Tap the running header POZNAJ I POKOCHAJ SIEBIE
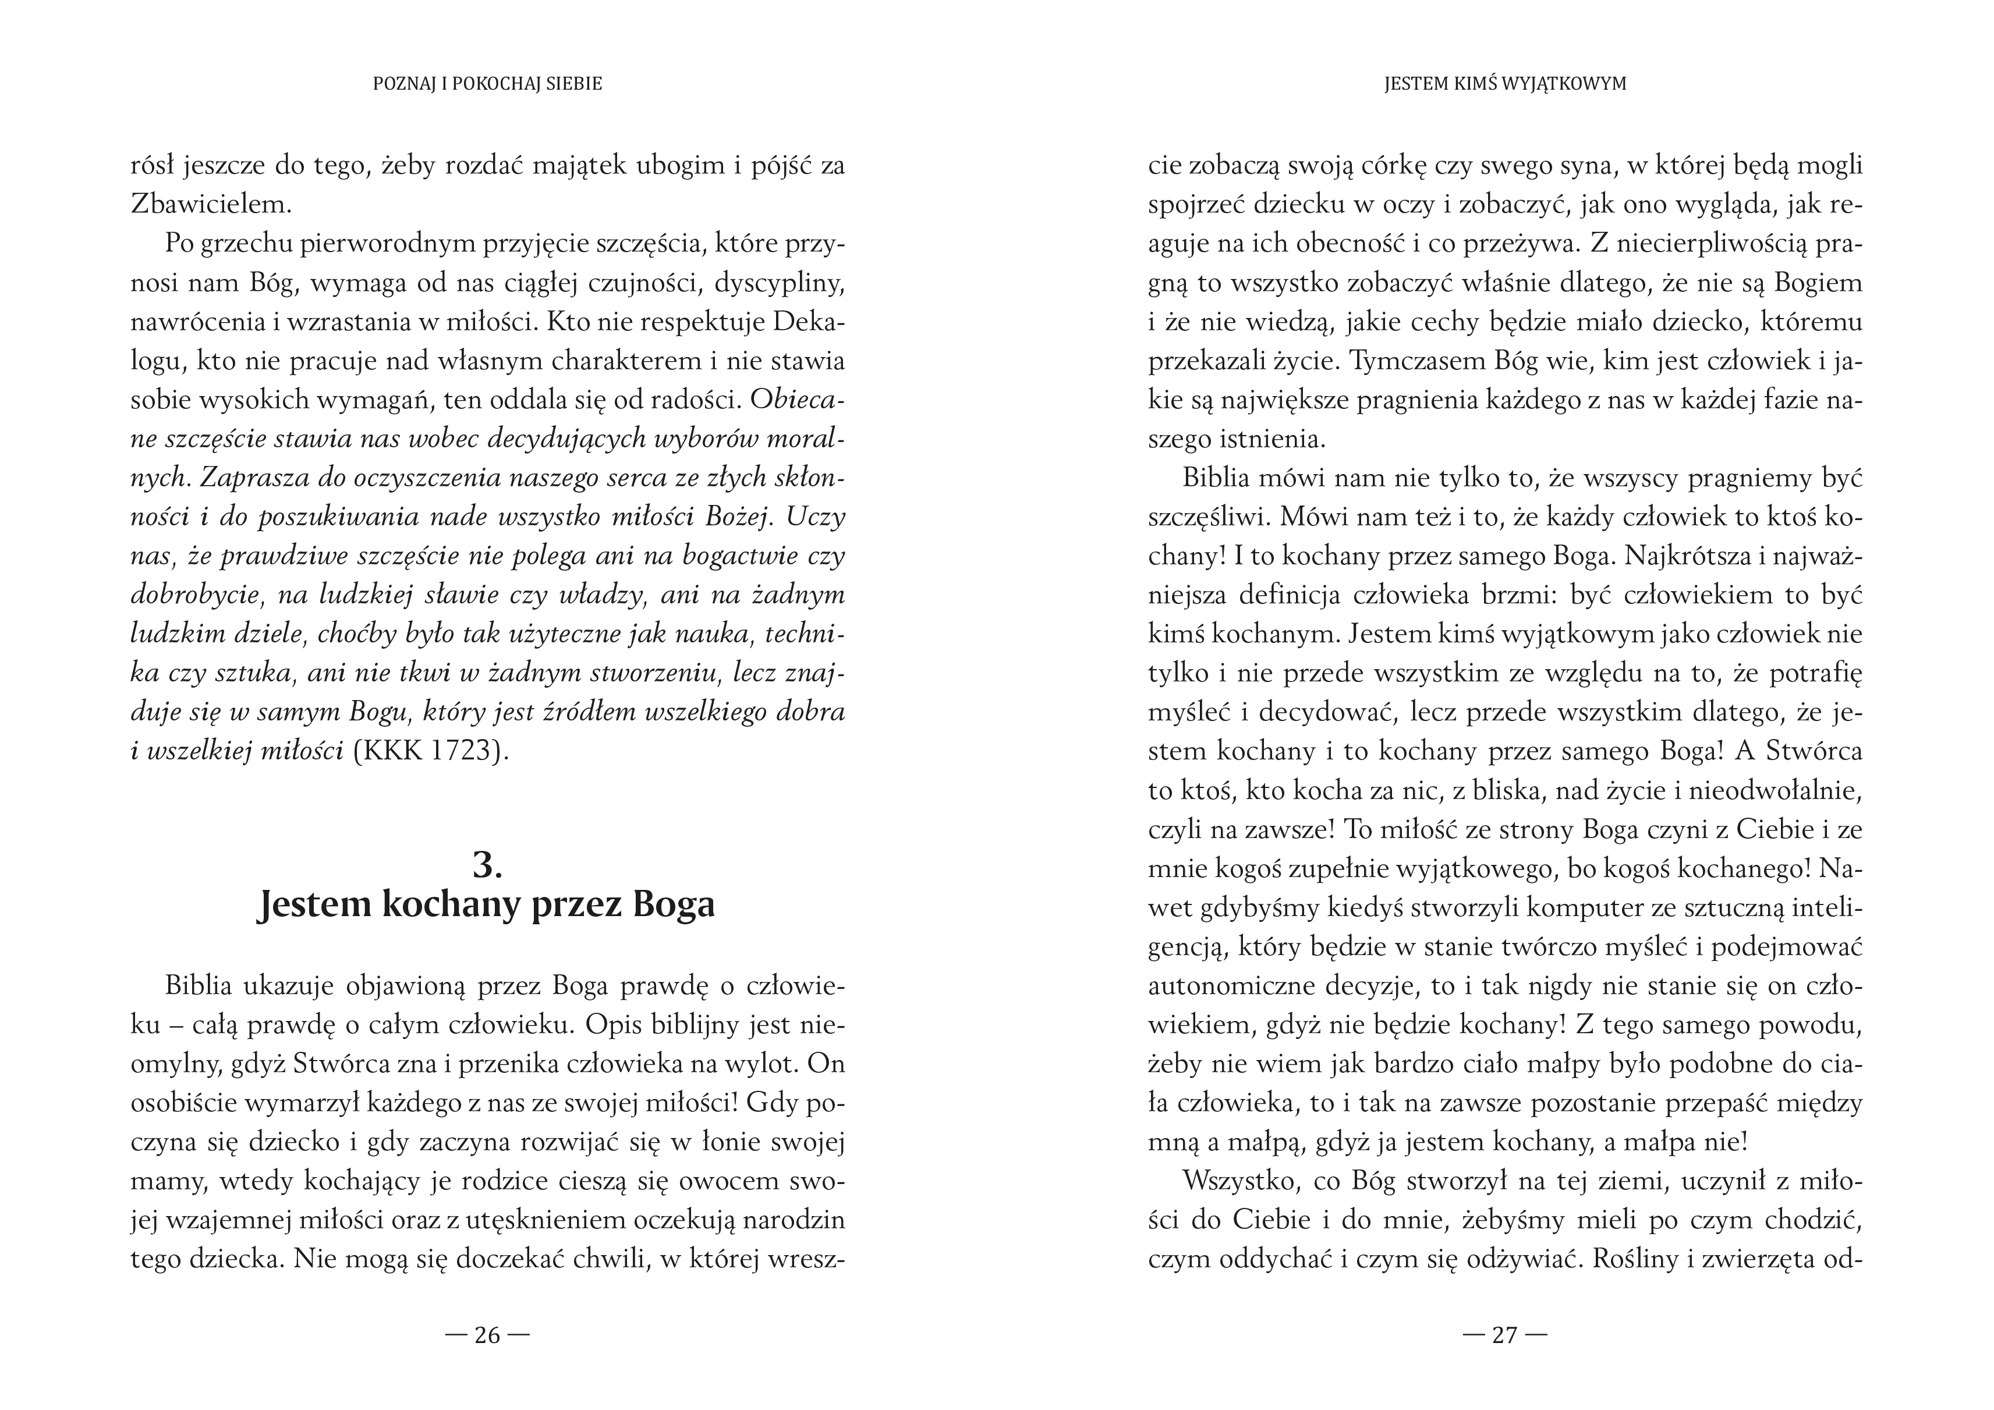click(487, 84)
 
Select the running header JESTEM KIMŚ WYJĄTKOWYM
click(1505, 84)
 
